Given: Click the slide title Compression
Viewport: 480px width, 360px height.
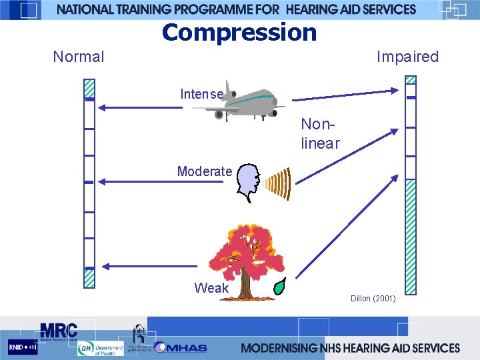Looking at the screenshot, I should [239, 32].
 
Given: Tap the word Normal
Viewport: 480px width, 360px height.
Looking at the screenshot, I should [79, 57].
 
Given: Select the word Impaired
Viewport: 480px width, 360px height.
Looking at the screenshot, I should [407, 57].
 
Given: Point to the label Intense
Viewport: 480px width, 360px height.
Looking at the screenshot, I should [201, 94].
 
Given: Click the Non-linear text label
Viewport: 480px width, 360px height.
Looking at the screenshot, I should [321, 133].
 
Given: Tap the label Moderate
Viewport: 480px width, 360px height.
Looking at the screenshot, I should [204, 171].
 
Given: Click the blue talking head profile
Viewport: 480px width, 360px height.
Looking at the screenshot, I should [249, 182].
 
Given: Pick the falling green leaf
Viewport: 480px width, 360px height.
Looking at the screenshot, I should [280, 285].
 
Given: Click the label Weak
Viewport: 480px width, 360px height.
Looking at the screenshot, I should [211, 288].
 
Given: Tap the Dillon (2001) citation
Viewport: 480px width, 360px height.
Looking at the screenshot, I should [373, 298].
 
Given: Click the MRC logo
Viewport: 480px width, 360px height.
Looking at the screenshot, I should [59, 331].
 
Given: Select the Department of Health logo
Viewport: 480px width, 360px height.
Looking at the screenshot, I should [100, 349].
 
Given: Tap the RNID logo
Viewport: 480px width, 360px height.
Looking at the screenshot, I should [23, 348].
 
